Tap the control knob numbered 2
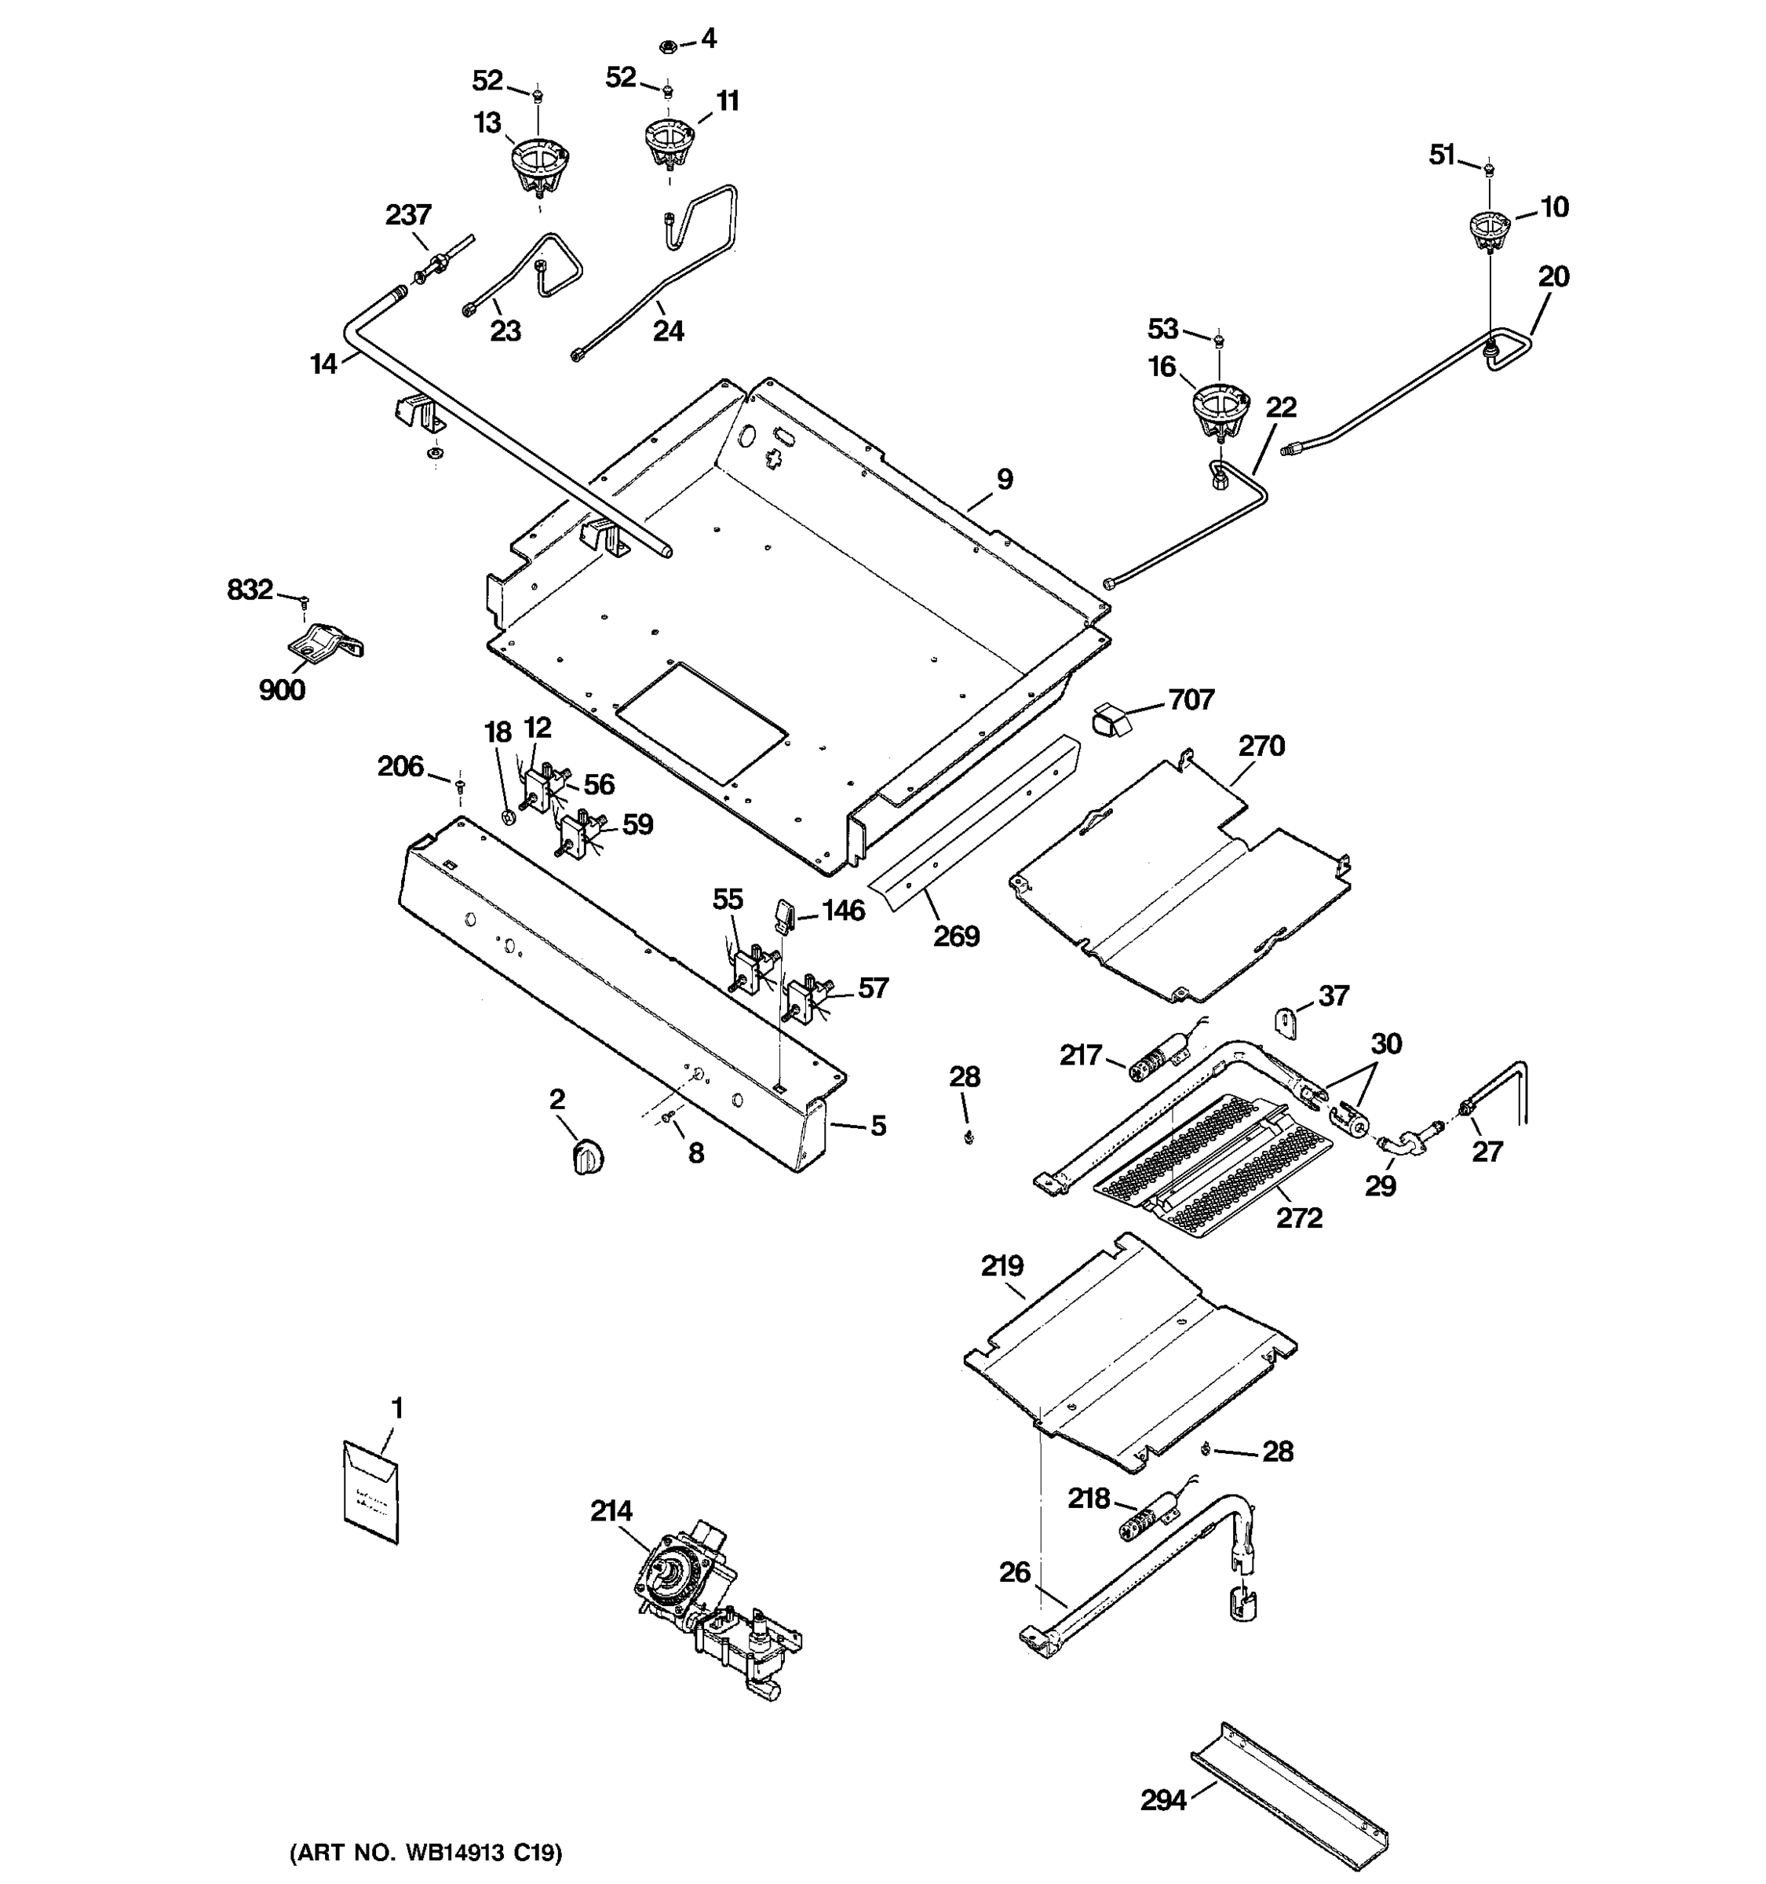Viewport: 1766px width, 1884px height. [589, 1158]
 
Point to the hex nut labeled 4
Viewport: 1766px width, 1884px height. [666, 45]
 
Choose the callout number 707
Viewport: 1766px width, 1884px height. [1191, 699]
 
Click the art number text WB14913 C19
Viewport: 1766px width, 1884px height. [425, 1852]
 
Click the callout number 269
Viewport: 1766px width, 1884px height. [956, 937]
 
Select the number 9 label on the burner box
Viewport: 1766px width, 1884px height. [1005, 480]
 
